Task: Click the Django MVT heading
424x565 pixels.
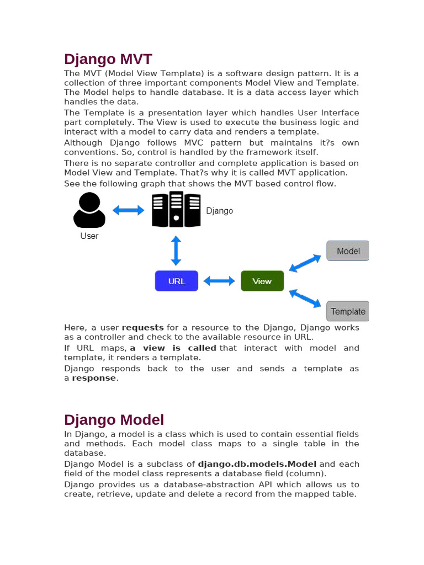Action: pyautogui.click(x=108, y=59)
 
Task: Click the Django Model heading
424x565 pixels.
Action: pyautogui.click(x=114, y=420)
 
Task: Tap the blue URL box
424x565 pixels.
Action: pyautogui.click(x=177, y=281)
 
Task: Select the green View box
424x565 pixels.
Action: pyautogui.click(x=262, y=281)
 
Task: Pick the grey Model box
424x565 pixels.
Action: pyautogui.click(x=348, y=251)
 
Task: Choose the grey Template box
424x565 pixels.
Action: pyautogui.click(x=347, y=311)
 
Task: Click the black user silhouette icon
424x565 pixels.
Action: pyautogui.click(x=89, y=210)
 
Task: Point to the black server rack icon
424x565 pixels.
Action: pyautogui.click(x=176, y=209)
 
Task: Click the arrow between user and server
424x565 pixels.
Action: pyautogui.click(x=128, y=210)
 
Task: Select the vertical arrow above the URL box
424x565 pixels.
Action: pyautogui.click(x=176, y=250)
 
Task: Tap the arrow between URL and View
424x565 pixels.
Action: pyautogui.click(x=219, y=281)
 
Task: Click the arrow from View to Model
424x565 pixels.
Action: pyautogui.click(x=305, y=263)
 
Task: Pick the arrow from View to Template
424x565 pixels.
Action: pyautogui.click(x=305, y=298)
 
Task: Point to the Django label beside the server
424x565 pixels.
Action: pyautogui.click(x=220, y=211)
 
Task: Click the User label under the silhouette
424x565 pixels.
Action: pyautogui.click(x=89, y=236)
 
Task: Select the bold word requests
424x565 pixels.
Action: pyautogui.click(x=142, y=328)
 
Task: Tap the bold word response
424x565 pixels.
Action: pyautogui.click(x=94, y=378)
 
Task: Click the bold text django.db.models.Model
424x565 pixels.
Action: pyautogui.click(x=257, y=464)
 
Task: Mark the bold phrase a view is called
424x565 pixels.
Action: pyautogui.click(x=173, y=348)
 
